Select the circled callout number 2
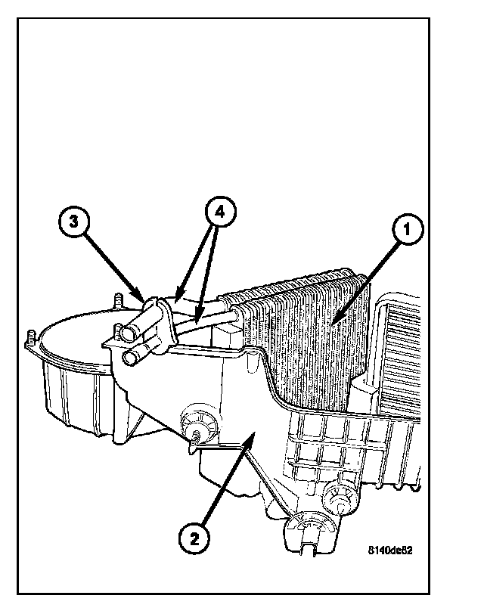click(x=194, y=538)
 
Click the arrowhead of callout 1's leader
click(x=333, y=327)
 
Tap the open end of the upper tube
click(x=123, y=333)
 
